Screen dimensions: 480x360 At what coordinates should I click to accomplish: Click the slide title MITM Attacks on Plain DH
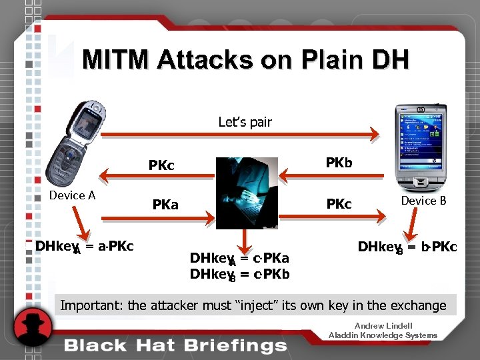point(245,60)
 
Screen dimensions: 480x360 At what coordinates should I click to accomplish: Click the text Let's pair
point(245,122)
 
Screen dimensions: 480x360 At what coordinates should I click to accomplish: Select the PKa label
point(165,205)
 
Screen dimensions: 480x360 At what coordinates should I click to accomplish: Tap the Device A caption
point(72,195)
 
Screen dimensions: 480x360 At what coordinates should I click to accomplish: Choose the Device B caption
point(423,200)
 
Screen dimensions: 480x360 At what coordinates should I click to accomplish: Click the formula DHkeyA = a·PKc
point(85,247)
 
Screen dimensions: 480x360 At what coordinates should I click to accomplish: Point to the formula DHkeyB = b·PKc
point(407,247)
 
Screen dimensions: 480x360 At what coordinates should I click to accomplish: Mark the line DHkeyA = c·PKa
point(239,259)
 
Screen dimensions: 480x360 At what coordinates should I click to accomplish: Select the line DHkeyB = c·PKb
point(239,274)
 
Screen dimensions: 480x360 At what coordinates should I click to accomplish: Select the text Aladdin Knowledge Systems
point(383,335)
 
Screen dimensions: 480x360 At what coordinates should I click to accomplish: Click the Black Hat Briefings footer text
point(175,345)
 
